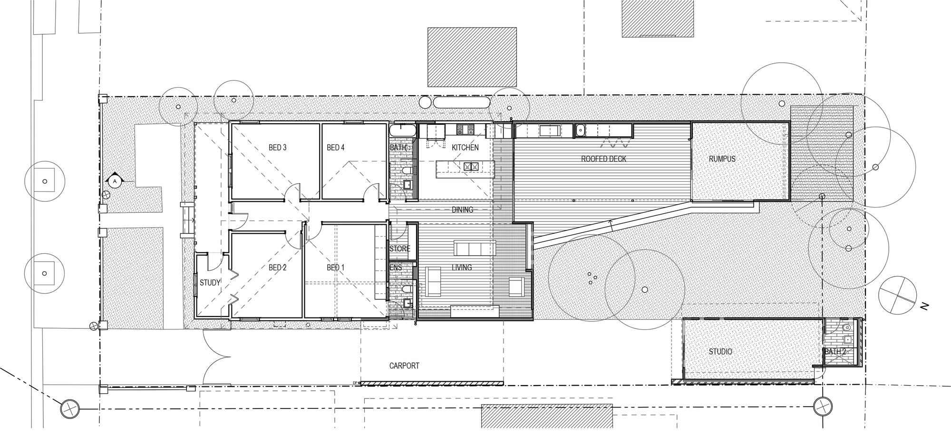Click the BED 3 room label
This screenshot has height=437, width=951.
pos(278,148)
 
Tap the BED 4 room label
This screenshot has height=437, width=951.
pos(336,148)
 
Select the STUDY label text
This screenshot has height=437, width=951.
pos(210,283)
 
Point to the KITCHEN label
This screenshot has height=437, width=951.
pos(465,148)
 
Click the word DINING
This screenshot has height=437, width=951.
pos(462,209)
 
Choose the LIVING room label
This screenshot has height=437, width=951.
pos(462,268)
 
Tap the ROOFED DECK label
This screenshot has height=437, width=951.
pos(603,159)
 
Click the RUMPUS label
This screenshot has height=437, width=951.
pos(722,159)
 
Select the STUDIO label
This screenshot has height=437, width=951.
pos(720,352)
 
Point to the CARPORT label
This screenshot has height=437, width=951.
pos(404,366)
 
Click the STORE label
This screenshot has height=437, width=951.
pos(399,248)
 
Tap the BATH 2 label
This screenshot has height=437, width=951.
pos(835,352)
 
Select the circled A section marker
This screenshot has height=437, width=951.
pos(114,181)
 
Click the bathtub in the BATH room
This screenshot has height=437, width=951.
pos(403,131)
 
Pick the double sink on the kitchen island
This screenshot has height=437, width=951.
pos(471,166)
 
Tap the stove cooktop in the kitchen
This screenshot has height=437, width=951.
pos(463,129)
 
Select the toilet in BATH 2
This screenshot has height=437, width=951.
pos(846,328)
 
